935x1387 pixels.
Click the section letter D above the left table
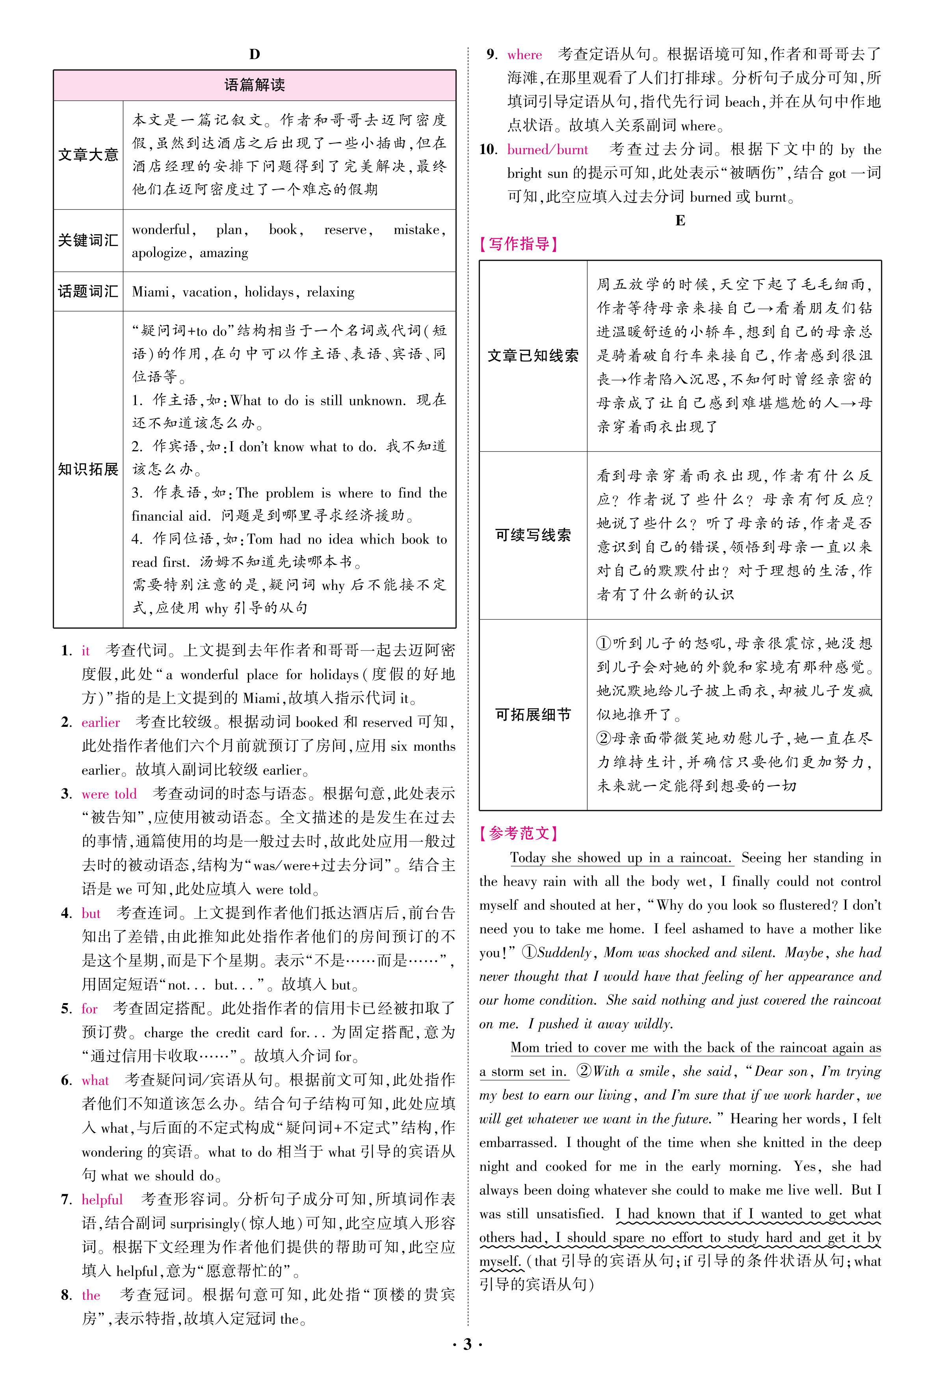click(x=255, y=54)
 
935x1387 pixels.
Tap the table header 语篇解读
click(x=255, y=85)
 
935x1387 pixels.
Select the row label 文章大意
click(x=88, y=155)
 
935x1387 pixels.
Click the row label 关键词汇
click(x=88, y=240)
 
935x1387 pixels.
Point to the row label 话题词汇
click(x=88, y=292)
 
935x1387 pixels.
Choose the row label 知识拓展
click(x=88, y=469)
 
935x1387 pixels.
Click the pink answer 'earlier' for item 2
click(x=101, y=722)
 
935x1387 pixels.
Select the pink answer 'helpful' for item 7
click(x=102, y=1200)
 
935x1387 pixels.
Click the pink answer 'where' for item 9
click(x=525, y=55)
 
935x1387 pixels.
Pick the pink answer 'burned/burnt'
click(x=547, y=150)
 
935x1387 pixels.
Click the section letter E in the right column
click(x=680, y=221)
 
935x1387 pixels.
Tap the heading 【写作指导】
click(x=519, y=244)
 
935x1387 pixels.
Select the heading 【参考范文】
click(x=519, y=833)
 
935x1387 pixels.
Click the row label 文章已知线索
click(x=533, y=356)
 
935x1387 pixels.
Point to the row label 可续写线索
click(x=533, y=535)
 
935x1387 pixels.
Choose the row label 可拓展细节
click(x=533, y=715)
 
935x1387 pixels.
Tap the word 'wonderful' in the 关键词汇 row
click(x=161, y=230)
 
